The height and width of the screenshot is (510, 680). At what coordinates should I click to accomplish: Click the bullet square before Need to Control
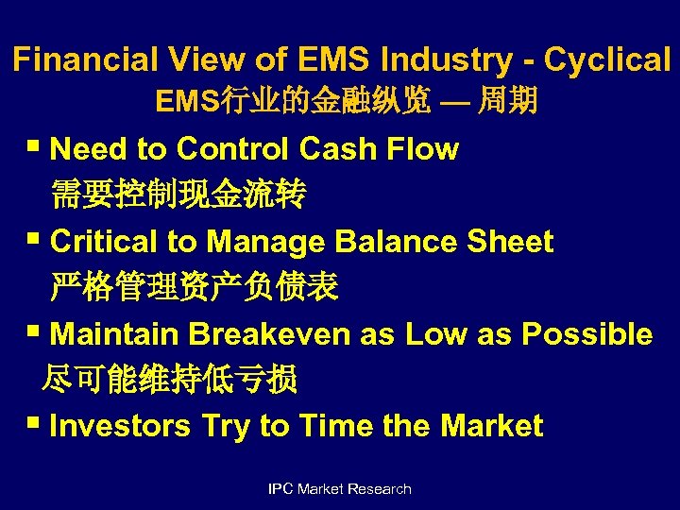(x=36, y=148)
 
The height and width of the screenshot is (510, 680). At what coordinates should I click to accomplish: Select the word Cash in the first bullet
(x=338, y=149)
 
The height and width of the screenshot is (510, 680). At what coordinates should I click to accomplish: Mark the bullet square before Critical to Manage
(x=36, y=241)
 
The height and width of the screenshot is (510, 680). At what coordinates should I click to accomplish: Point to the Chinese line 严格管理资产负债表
(x=194, y=287)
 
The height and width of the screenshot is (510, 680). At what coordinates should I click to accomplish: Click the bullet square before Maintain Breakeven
(x=36, y=333)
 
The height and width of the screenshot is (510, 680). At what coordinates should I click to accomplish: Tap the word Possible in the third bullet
(x=586, y=334)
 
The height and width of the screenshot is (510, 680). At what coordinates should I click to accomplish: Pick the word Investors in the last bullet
(x=122, y=426)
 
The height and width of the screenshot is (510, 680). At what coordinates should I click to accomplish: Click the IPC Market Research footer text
(x=340, y=488)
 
